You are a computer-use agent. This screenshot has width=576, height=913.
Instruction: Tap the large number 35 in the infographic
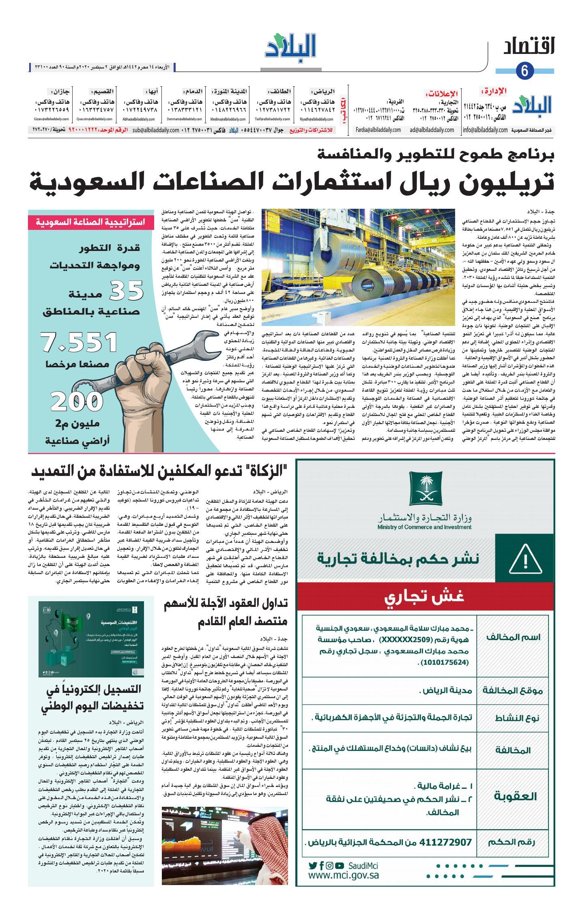pyautogui.click(x=127, y=290)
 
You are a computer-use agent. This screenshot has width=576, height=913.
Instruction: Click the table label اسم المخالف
pyautogui.click(x=513, y=637)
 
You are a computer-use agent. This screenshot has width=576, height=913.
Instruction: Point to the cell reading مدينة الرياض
pyautogui.click(x=445, y=690)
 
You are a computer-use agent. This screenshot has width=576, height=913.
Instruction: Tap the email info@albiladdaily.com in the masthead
pyautogui.click(x=485, y=130)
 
